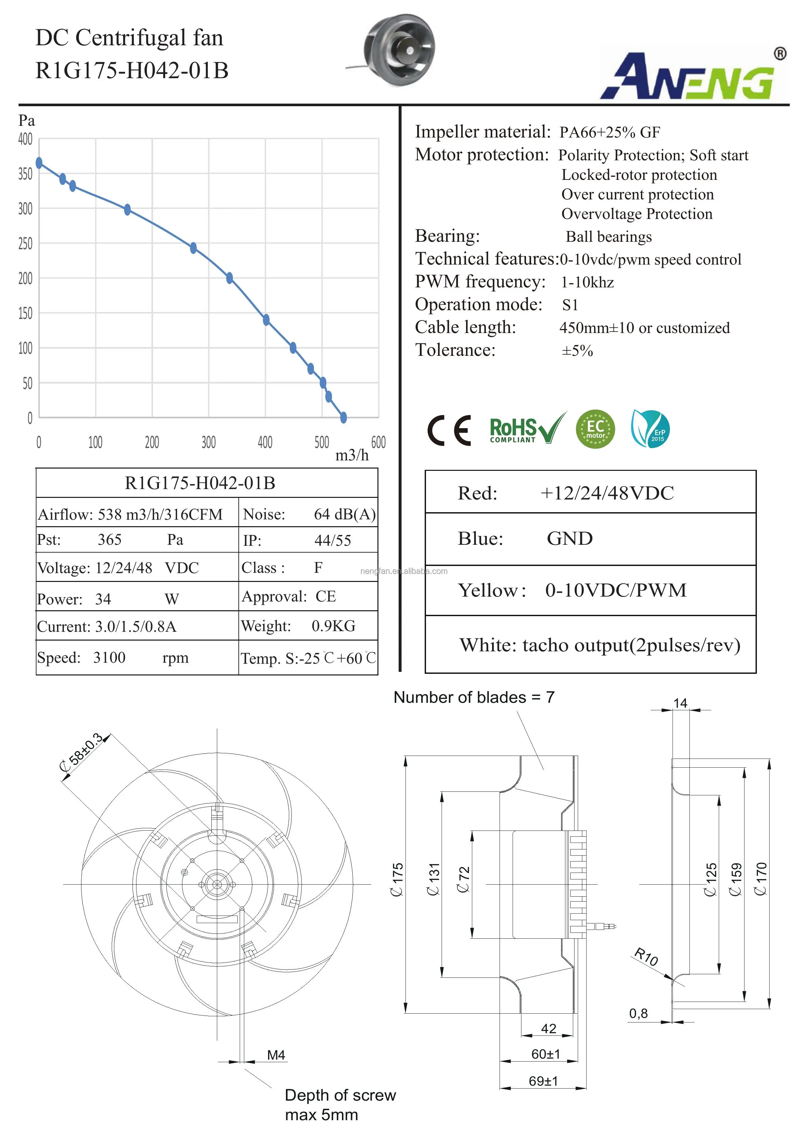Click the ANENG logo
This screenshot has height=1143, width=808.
pos(694,75)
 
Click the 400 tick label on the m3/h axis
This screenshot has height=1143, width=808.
pos(265,442)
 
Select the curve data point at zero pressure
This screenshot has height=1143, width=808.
pos(343,417)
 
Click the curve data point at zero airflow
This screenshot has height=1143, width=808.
pos(39,163)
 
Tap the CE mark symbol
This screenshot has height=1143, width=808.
pos(449,430)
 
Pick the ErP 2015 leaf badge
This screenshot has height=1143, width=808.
pos(650,429)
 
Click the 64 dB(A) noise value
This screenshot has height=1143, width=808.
pos(344,514)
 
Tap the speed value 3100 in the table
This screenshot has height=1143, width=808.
pos(109,658)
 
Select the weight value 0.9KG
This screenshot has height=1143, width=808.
pos(333,626)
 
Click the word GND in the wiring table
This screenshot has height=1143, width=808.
pos(570,539)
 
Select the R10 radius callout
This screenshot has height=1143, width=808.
pos(646,956)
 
